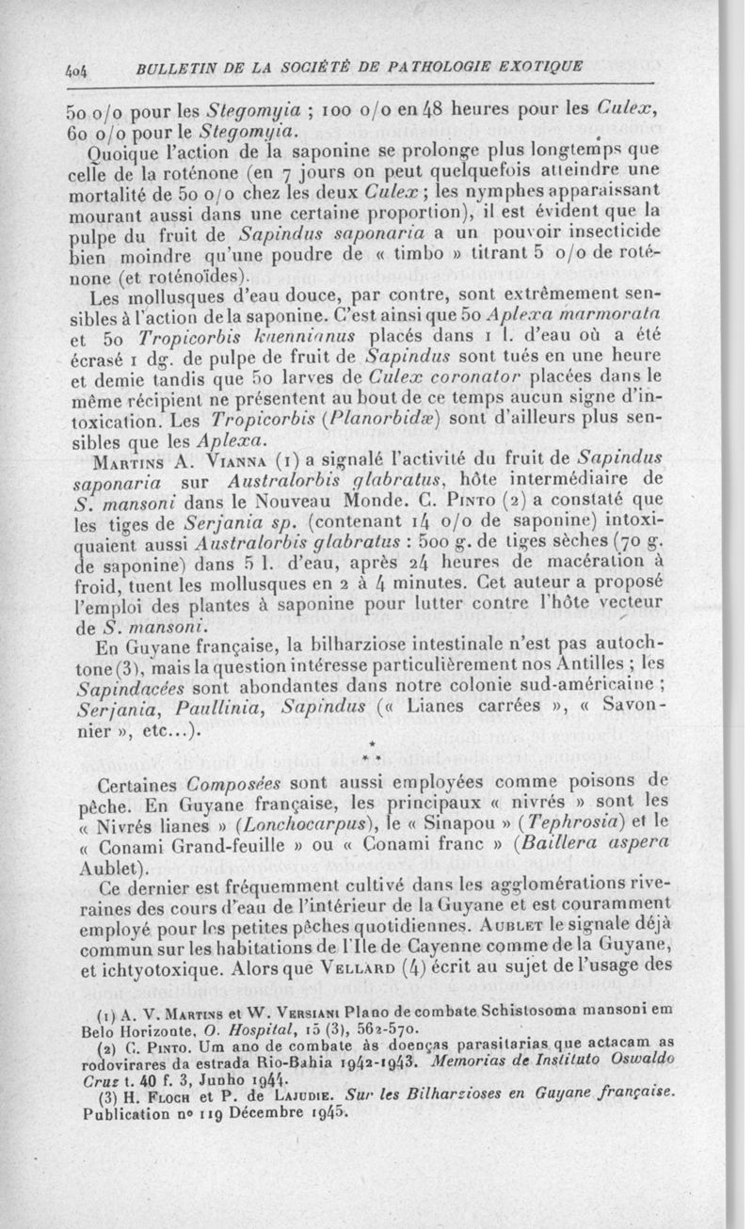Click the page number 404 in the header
(77, 68)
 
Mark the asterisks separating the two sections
(374, 750)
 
